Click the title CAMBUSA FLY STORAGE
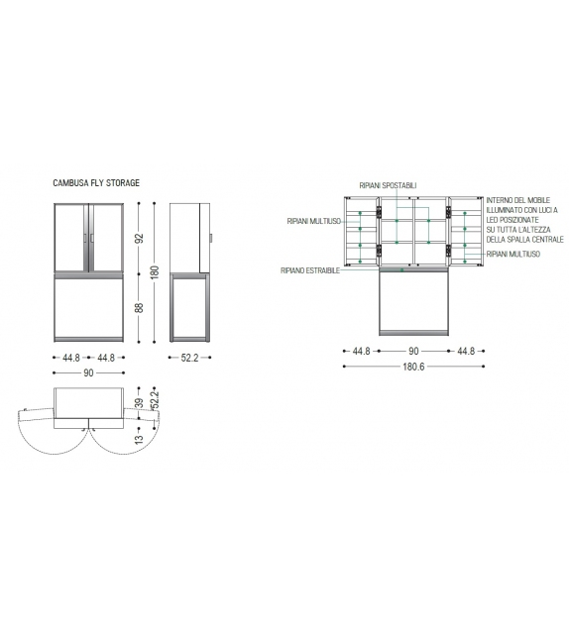point(96,183)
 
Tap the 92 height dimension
point(139,238)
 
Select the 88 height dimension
point(139,307)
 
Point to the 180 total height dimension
point(155,272)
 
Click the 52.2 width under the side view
point(189,358)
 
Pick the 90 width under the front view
point(88,372)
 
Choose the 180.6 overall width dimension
point(413,367)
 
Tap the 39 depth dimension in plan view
point(139,403)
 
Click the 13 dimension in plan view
point(139,439)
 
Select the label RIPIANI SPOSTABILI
point(388,186)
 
